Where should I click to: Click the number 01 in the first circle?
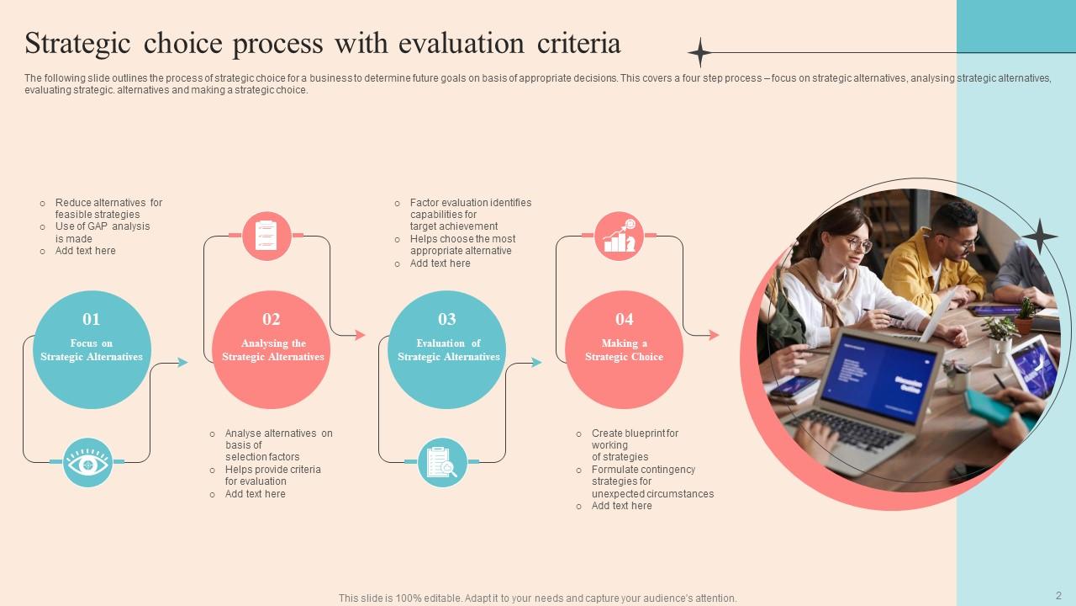(91, 319)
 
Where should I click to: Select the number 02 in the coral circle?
(271, 319)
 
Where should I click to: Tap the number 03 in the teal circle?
(447, 319)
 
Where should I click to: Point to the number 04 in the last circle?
(624, 319)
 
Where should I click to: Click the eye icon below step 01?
(87, 462)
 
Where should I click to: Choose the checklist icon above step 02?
(266, 236)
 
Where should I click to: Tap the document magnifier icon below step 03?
(442, 462)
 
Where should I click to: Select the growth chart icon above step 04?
(620, 236)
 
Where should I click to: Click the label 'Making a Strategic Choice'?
(624, 350)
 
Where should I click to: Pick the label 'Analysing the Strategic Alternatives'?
(272, 350)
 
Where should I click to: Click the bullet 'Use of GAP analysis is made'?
(102, 232)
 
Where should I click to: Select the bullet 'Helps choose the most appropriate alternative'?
(462, 245)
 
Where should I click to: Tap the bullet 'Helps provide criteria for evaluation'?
(272, 476)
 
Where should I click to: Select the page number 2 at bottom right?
(1058, 595)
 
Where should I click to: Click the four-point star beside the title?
(699, 52)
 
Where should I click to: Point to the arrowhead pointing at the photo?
(715, 335)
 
